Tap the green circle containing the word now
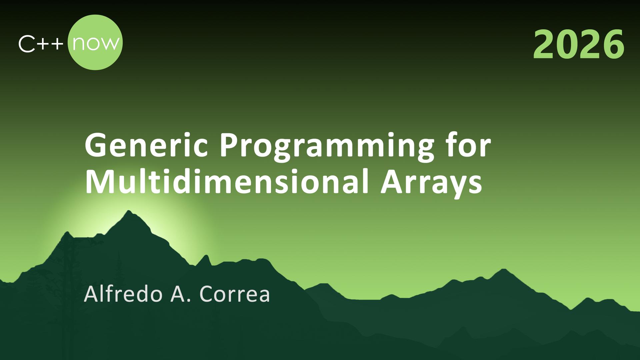point(95,42)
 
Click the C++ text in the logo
point(41,44)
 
